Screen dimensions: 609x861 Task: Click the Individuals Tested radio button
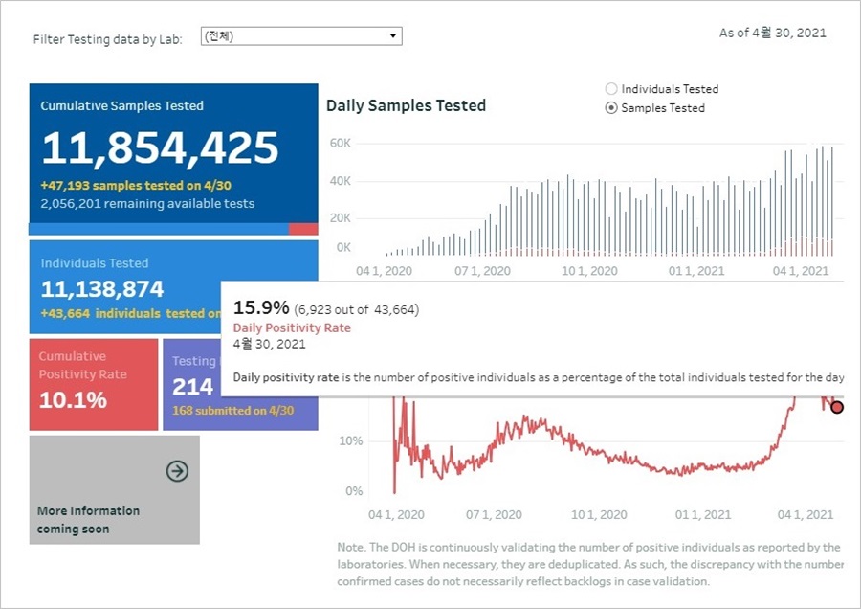(612, 89)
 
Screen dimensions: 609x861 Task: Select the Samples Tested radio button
(612, 108)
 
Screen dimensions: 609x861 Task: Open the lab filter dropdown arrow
(393, 36)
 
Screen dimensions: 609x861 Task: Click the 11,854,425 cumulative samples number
(160, 147)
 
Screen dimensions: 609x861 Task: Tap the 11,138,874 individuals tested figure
(102, 289)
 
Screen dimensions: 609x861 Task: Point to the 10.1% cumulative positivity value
(73, 400)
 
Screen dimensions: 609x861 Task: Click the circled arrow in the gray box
(177, 470)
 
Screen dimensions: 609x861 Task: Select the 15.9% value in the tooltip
(261, 308)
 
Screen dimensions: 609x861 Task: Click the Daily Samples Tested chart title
(406, 105)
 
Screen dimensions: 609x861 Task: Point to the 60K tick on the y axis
(341, 143)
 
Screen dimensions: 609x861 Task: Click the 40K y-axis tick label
(341, 181)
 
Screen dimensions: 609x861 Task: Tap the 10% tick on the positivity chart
(350, 441)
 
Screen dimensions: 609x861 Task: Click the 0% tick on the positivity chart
(353, 491)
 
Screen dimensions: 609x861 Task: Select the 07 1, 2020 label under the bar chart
(482, 271)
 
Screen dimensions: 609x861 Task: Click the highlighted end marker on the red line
(837, 407)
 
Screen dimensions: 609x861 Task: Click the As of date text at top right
(772, 34)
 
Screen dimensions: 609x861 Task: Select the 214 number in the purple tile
(191, 387)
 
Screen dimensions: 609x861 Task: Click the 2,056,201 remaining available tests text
(147, 204)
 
